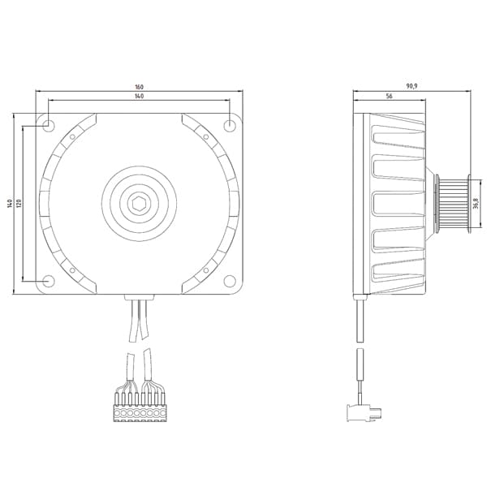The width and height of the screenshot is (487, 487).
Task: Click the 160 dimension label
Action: coord(140,87)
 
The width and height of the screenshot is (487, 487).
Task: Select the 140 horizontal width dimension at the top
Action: coord(140,97)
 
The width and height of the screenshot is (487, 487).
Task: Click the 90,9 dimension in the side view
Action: coord(412,87)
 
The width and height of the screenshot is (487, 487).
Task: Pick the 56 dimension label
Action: coord(390,97)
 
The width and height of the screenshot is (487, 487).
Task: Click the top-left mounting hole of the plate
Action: coord(48,125)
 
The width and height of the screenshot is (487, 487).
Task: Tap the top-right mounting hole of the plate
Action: coord(231,125)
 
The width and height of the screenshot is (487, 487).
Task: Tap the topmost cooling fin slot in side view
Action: coord(396,135)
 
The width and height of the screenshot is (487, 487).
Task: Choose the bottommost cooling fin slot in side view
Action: coord(396,274)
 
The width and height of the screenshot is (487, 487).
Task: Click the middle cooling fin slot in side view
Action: coord(396,205)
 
